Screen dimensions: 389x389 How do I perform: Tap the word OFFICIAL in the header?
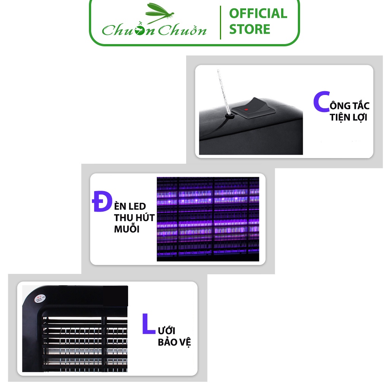[258, 14]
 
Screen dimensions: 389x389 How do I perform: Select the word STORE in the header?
[250, 29]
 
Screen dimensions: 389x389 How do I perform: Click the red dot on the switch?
[246, 109]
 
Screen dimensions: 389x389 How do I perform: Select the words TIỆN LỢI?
[348, 117]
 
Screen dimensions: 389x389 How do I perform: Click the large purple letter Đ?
[101, 202]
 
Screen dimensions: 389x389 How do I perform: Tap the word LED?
[136, 206]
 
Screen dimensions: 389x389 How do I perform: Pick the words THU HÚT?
[134, 218]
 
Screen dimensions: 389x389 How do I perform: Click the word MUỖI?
[127, 229]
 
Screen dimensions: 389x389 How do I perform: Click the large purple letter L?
[149, 324]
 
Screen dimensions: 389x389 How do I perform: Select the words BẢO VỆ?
[174, 342]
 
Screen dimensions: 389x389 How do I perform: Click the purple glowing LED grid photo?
[208, 219]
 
